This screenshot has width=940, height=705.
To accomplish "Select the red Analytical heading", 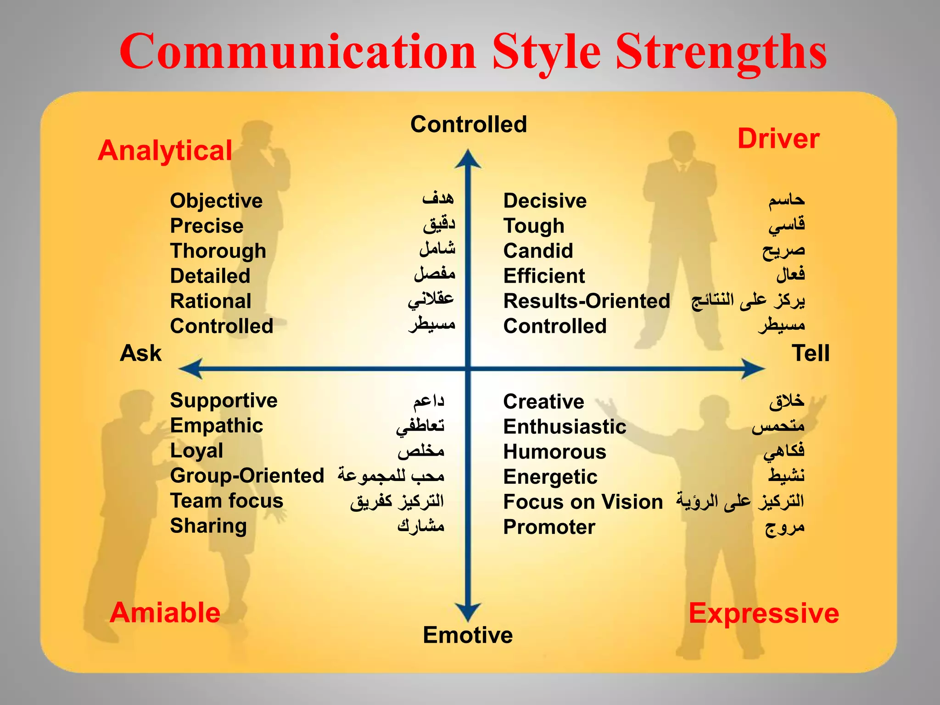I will click(x=165, y=151).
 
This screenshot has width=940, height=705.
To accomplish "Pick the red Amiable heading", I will click(x=165, y=613).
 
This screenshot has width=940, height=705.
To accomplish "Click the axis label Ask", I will click(x=140, y=353).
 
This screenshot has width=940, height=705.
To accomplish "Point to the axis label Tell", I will click(x=811, y=353).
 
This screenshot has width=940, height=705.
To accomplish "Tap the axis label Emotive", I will click(x=468, y=635).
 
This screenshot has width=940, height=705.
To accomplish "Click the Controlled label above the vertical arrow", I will click(x=469, y=124).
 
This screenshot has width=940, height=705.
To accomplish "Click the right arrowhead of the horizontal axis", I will click(x=753, y=369).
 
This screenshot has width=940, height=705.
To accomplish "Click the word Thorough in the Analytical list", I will click(x=218, y=251).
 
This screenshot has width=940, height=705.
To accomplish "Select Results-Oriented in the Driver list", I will click(x=587, y=301).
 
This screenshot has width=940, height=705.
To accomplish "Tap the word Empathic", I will click(x=217, y=425).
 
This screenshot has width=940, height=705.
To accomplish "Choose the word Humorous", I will click(x=554, y=452).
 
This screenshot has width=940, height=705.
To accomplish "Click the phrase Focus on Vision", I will click(x=583, y=502).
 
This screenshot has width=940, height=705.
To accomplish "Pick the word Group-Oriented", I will click(x=247, y=476).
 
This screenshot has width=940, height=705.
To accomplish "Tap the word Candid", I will click(x=538, y=251).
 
